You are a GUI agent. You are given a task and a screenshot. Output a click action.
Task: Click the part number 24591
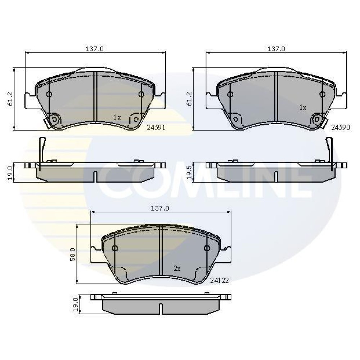click(x=156, y=127)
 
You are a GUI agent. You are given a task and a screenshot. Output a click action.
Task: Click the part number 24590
click(x=341, y=127)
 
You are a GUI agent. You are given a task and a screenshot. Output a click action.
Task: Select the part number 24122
click(x=220, y=280)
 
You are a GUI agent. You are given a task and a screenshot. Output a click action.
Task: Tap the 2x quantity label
click(x=177, y=269)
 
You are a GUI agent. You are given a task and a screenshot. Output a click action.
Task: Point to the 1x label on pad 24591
click(x=117, y=117)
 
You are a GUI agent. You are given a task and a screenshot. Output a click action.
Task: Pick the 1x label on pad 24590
click(x=303, y=107)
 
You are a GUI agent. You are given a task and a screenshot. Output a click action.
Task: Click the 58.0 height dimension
click(x=73, y=255)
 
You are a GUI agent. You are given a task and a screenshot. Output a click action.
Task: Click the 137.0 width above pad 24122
click(x=160, y=208)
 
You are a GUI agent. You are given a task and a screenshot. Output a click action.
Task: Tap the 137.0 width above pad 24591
click(x=95, y=49)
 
